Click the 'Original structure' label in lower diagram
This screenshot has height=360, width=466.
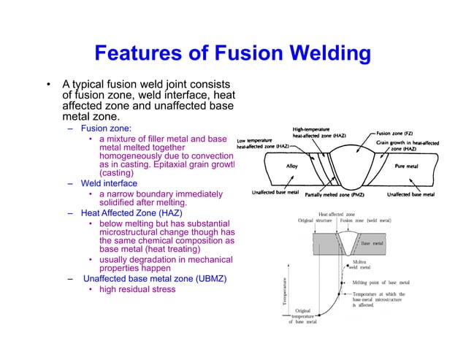click(x=315, y=220)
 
